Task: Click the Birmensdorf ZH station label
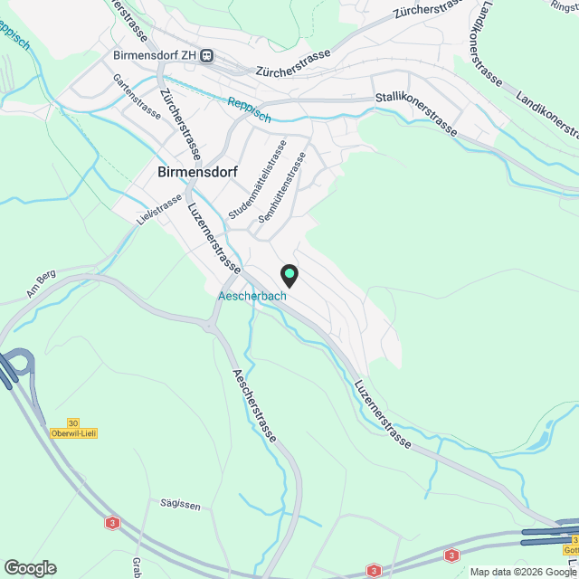(156, 55)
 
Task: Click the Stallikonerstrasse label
(415, 114)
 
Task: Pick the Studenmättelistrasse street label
(258, 178)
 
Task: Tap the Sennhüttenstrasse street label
(282, 187)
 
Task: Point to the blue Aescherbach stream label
(252, 296)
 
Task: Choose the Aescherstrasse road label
(255, 407)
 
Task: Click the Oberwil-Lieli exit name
(74, 433)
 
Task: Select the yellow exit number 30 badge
(73, 422)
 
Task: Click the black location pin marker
(289, 274)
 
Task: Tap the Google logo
(29, 567)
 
